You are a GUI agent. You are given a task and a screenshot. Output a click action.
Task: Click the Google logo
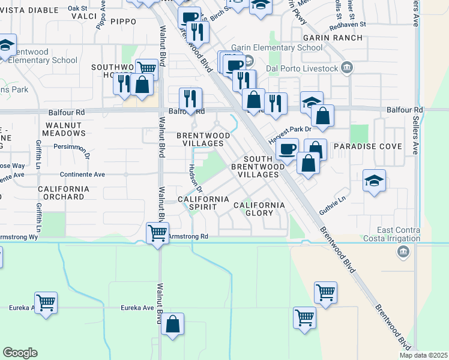coord(20,353)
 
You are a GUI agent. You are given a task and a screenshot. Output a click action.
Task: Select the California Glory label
coord(259,209)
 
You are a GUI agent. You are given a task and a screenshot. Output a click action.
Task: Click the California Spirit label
coord(204,203)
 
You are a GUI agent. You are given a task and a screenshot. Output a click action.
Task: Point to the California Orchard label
coord(64,193)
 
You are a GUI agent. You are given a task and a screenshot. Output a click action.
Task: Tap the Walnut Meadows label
coord(64,129)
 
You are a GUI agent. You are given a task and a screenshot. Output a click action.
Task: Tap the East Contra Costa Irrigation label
coord(410,235)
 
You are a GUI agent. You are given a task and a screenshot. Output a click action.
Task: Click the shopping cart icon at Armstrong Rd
coord(157,232)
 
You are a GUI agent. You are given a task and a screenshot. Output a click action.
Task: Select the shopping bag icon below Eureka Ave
coord(172,325)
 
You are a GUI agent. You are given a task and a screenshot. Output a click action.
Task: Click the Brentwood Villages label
coord(203,140)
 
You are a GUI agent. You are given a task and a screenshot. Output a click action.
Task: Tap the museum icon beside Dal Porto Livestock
coord(347,68)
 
